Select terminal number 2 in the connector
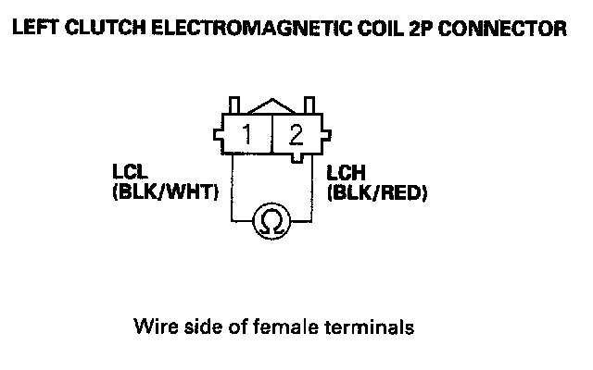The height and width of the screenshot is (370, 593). tap(296, 136)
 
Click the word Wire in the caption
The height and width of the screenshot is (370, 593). tap(154, 327)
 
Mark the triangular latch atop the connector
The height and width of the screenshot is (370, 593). tap(271, 104)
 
